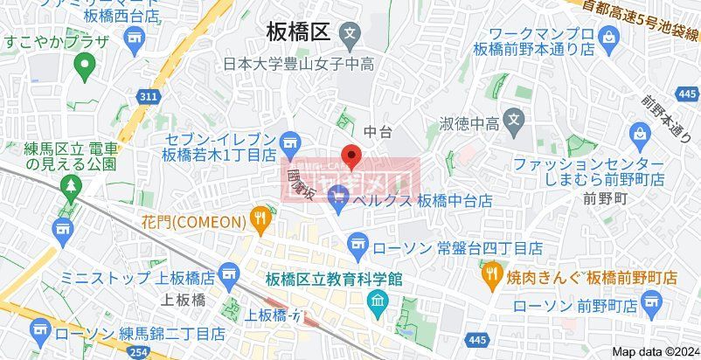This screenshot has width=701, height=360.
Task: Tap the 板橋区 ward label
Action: click(297, 32)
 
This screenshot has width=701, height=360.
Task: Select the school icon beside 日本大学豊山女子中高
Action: click(350, 35)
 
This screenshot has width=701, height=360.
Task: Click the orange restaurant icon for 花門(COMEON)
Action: click(260, 219)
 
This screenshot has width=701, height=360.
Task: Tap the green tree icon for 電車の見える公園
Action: click(70, 185)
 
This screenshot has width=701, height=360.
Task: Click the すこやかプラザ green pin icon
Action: click(85, 63)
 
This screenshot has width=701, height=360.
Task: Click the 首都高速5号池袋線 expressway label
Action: click(642, 23)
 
